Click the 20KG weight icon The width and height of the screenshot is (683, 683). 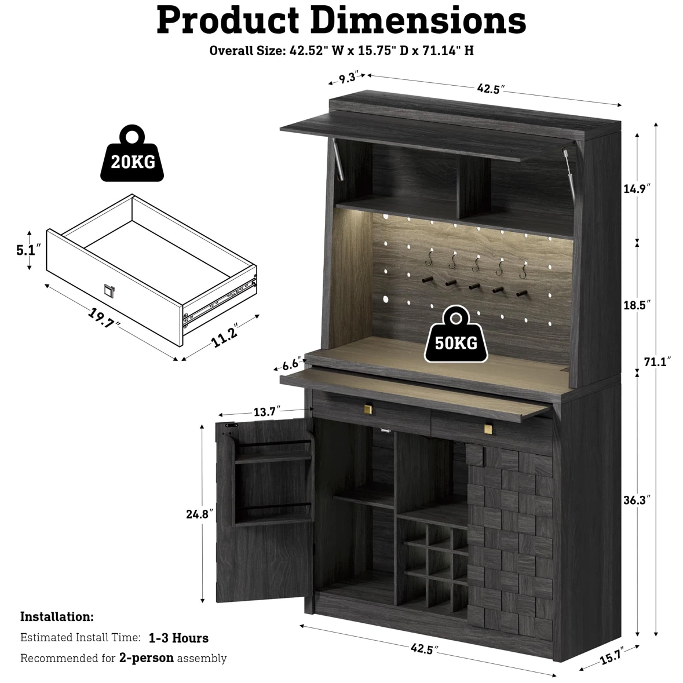tap(133, 154)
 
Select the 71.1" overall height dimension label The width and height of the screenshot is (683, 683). tap(658, 362)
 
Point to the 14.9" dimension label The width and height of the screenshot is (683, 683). tap(637, 189)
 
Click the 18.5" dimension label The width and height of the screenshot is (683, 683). tap(637, 305)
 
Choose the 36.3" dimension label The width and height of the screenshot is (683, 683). tap(637, 500)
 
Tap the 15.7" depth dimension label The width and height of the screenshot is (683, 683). tap(612, 656)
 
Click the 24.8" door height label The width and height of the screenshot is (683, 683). tap(199, 514)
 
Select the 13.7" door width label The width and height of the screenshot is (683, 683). tap(267, 411)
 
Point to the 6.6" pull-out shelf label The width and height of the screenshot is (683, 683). tap(291, 364)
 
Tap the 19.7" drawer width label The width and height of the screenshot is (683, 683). tap(104, 319)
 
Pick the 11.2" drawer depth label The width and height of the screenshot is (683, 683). tap(225, 335)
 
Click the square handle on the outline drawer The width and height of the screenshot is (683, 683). tap(109, 291)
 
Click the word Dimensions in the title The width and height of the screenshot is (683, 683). tap(419, 20)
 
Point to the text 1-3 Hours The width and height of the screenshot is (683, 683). tap(178, 638)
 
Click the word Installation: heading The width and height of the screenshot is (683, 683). tap(57, 617)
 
